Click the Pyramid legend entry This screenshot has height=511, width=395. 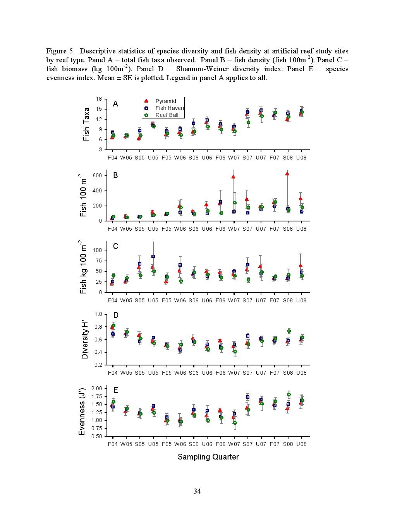pyautogui.click(x=160, y=101)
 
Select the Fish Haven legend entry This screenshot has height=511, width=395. pyautogui.click(x=164, y=108)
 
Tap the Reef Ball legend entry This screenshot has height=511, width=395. pyautogui.click(x=161, y=115)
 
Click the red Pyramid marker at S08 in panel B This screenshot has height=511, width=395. pyautogui.click(x=287, y=174)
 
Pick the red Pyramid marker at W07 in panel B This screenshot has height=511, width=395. pyautogui.click(x=233, y=177)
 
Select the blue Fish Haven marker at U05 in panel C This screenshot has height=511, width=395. pyautogui.click(x=153, y=256)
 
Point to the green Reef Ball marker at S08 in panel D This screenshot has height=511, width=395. pyautogui.click(x=289, y=331)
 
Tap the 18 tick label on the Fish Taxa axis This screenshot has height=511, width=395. pyautogui.click(x=99, y=99)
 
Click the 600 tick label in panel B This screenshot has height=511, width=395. pyautogui.click(x=98, y=176)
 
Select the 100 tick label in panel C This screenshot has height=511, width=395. pyautogui.click(x=98, y=250)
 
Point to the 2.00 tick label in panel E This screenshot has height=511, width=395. pyautogui.click(x=97, y=389)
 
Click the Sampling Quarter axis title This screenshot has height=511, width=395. pyautogui.click(x=208, y=457)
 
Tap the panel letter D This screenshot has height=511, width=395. pyautogui.click(x=115, y=315)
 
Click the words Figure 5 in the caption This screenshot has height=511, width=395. pyautogui.click(x=60, y=51)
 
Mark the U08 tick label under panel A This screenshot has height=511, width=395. pyautogui.click(x=301, y=158)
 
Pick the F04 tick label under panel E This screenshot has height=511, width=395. pyautogui.click(x=113, y=444)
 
